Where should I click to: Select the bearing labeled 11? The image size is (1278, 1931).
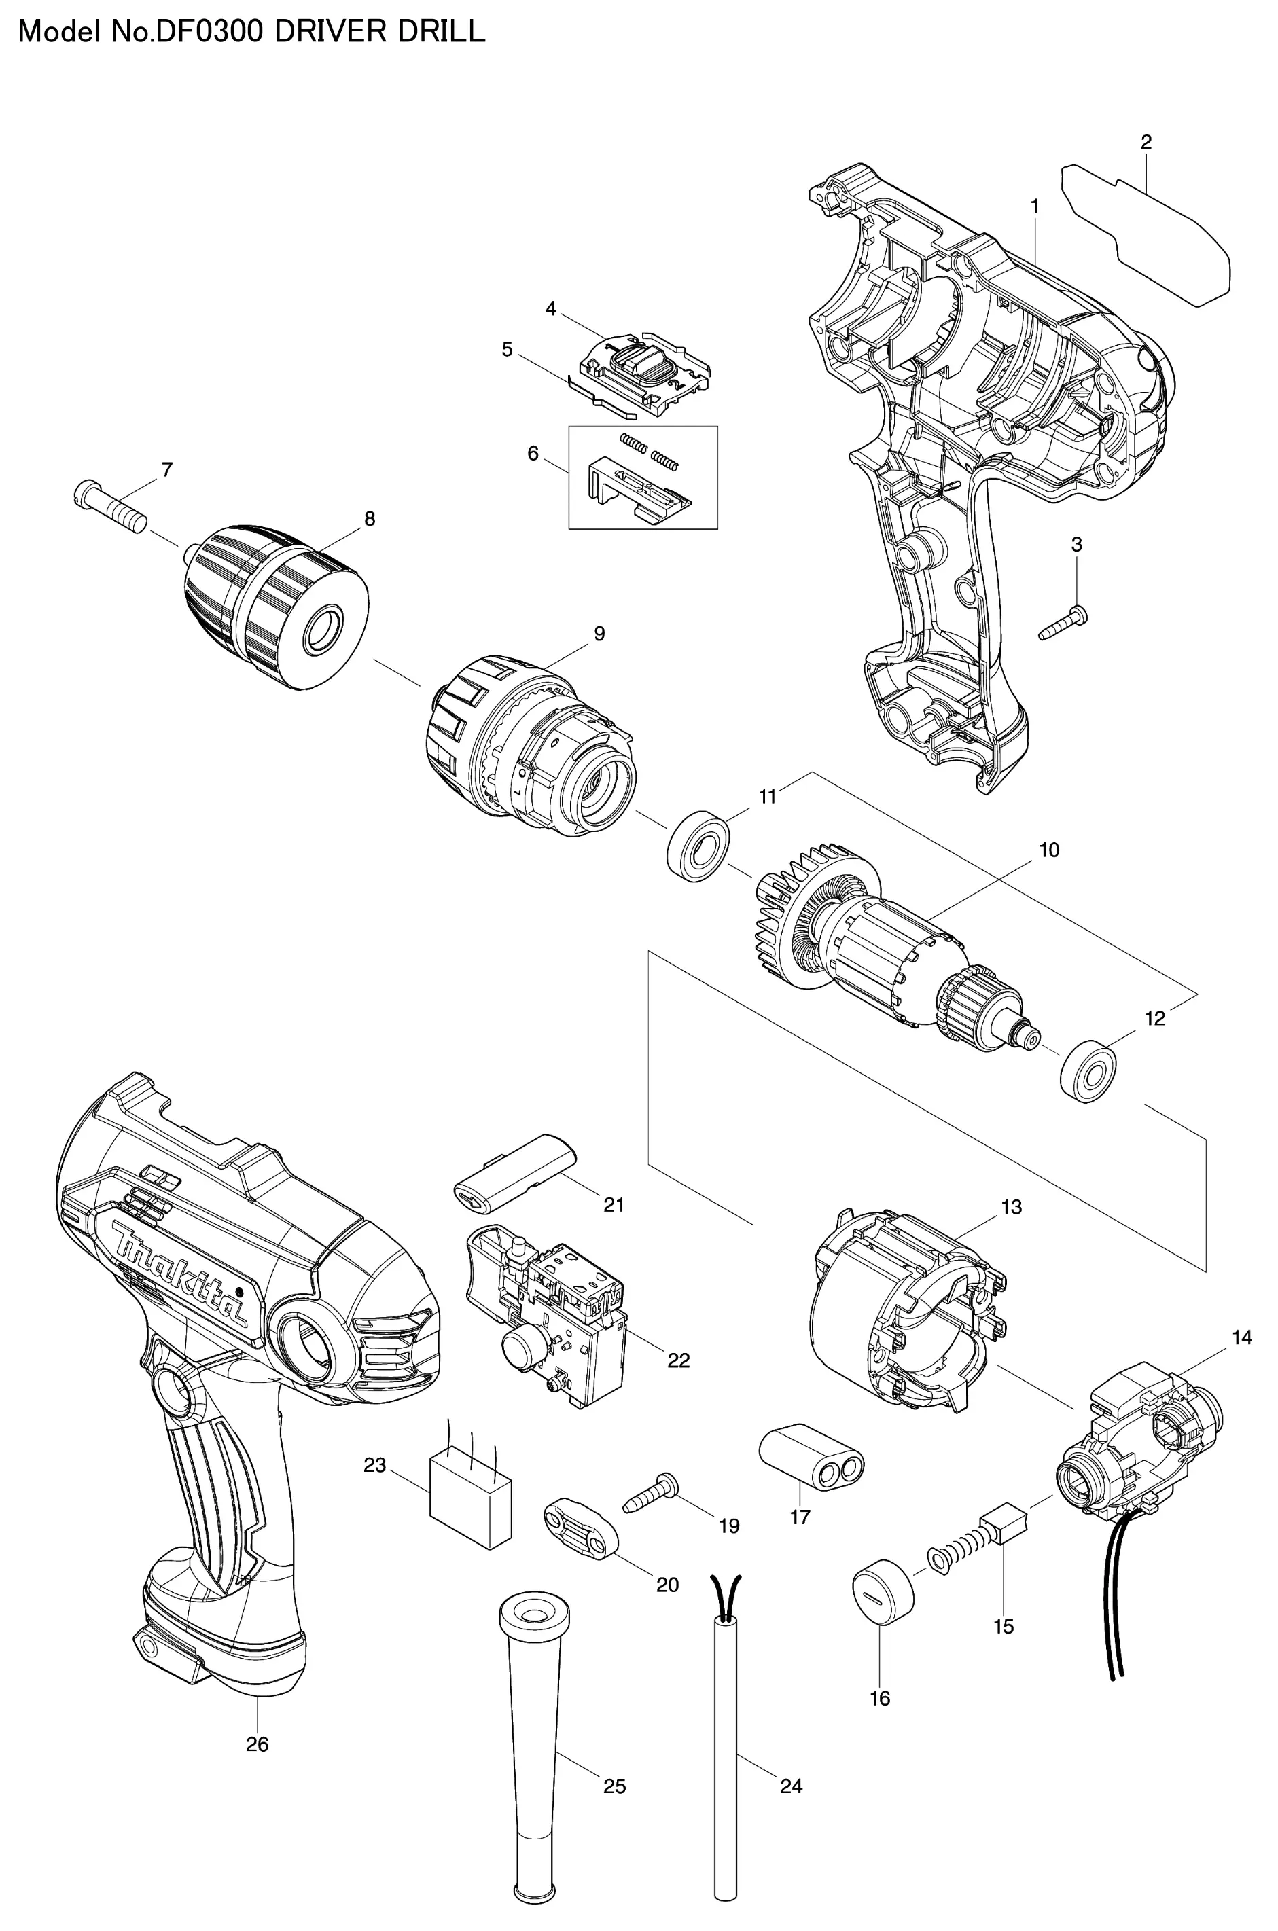click(698, 845)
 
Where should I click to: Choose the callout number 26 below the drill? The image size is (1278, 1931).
click(257, 1744)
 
